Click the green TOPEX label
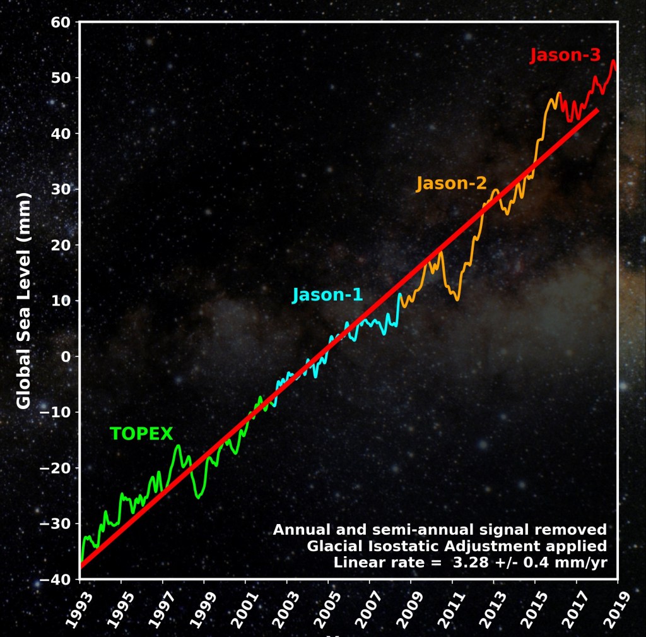pyautogui.click(x=141, y=434)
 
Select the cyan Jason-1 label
pyautogui.click(x=327, y=295)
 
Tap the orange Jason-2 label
pyautogui.click(x=451, y=184)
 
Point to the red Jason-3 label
pyautogui.click(x=565, y=56)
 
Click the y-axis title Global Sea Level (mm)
pyautogui.click(x=23, y=301)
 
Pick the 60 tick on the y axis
pyautogui.click(x=61, y=23)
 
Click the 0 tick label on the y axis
pyautogui.click(x=66, y=357)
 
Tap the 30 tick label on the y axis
pyautogui.click(x=61, y=189)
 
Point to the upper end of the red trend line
pyautogui.click(x=596, y=110)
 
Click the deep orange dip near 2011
pyautogui.click(x=457, y=299)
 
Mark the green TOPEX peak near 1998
pyautogui.click(x=178, y=446)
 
